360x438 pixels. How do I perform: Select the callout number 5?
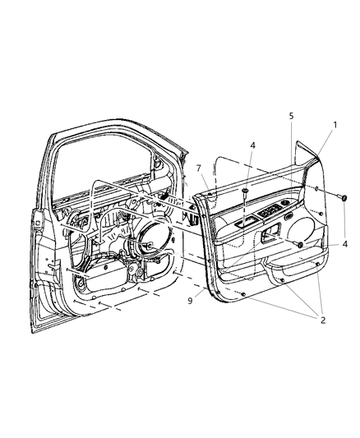[291, 117]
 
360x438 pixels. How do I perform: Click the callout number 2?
[323, 320]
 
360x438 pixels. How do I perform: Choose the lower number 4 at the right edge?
[345, 243]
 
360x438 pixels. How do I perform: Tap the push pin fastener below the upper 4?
[246, 191]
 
